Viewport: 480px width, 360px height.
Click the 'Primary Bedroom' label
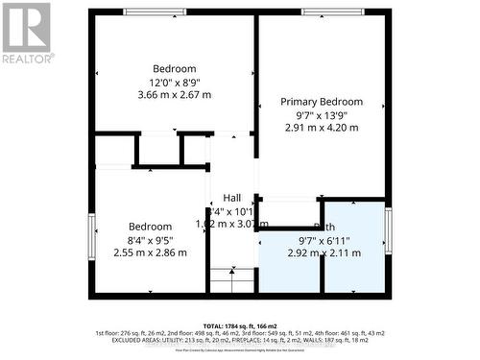pos(322,102)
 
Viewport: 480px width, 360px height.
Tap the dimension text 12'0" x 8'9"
pos(174,82)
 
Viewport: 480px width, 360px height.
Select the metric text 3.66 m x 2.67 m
pos(174,95)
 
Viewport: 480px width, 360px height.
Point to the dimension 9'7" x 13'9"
pos(322,114)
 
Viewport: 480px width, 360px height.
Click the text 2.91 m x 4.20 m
pos(322,127)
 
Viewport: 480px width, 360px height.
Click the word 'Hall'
pos(232,198)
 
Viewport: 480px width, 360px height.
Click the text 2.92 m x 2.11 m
pos(324,253)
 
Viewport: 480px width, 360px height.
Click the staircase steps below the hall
pos(230,279)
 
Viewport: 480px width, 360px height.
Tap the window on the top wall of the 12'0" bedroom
pos(156,12)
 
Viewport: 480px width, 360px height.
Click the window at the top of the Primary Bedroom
pos(332,12)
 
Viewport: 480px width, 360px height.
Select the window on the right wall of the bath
pos(388,230)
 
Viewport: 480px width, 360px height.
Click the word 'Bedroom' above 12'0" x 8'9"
pos(174,68)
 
